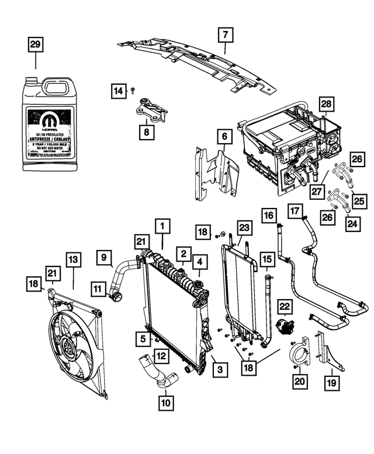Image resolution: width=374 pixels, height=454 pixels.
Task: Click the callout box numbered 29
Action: pos(36,45)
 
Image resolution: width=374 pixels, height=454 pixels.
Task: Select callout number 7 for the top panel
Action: pos(224,35)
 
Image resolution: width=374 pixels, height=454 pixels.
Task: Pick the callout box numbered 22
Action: pos(285,306)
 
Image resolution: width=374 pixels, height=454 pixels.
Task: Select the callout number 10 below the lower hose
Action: pos(166,402)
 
